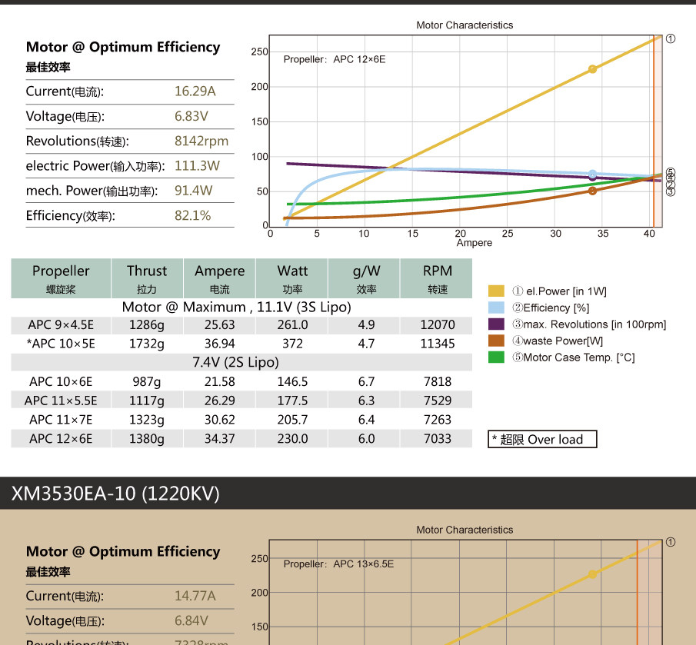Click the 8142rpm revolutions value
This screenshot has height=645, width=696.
coord(201,141)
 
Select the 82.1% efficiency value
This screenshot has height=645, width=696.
coord(192,215)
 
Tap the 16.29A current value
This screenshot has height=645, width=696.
coord(195,91)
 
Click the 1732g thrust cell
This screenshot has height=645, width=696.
coord(146,344)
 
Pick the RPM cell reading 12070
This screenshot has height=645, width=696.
coord(438,324)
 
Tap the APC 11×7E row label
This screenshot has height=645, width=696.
coord(61,420)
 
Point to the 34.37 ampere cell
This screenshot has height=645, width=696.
coord(219,439)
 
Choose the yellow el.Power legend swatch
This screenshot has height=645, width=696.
coord(496,291)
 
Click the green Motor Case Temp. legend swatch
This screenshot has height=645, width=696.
coord(496,357)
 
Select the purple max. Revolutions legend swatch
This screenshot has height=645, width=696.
coord(496,324)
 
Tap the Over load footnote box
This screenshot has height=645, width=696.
coord(543,440)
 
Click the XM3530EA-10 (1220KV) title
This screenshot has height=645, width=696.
coord(115,494)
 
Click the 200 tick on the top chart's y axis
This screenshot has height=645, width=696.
coord(259,87)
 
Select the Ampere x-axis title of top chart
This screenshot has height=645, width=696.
coord(474,243)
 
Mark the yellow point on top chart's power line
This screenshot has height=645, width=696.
coord(592,69)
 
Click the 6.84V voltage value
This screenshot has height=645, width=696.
coord(191,620)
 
